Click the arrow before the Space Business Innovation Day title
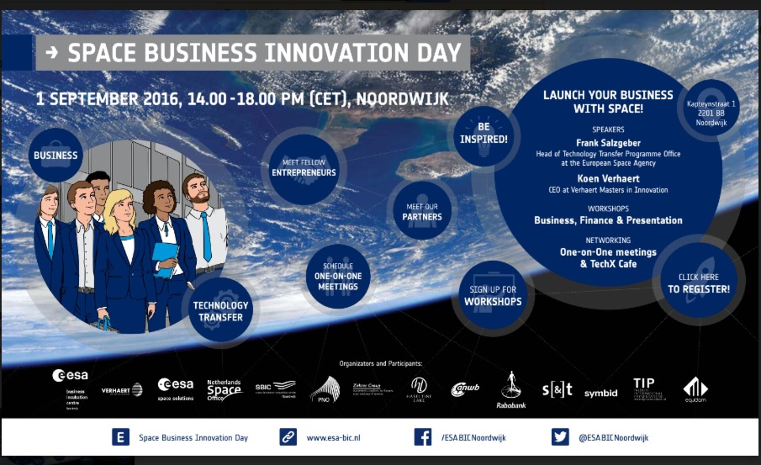click(x=52, y=52)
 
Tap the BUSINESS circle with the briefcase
click(x=55, y=155)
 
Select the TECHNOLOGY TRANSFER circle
click(x=220, y=311)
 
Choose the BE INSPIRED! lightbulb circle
click(x=484, y=135)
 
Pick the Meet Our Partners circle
click(x=422, y=211)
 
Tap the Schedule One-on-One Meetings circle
click(x=338, y=276)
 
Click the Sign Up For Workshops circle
click(x=493, y=295)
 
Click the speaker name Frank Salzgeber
click(x=608, y=143)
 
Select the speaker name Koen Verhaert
click(x=608, y=178)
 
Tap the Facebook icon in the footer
click(x=423, y=437)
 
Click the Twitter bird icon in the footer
click(x=560, y=437)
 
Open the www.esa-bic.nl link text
click(x=333, y=438)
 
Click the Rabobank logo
click(x=511, y=390)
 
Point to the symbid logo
click(x=600, y=393)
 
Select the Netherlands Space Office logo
click(x=224, y=390)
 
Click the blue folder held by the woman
click(x=165, y=260)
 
